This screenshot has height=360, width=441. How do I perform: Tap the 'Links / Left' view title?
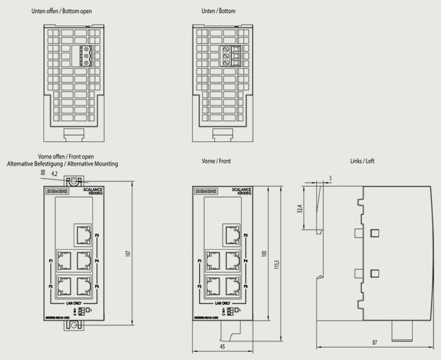362,161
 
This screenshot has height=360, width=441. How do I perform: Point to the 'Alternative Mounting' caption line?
63,164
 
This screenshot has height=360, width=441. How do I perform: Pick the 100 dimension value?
263,253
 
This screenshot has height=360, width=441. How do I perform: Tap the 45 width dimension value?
222,347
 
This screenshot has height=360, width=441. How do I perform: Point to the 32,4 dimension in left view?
299,208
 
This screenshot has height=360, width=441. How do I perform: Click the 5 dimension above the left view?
330,178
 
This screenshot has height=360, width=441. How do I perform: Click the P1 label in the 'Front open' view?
51,261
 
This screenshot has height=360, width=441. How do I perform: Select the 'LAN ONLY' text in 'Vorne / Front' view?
222,302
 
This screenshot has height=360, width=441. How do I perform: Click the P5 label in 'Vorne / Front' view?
246,285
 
